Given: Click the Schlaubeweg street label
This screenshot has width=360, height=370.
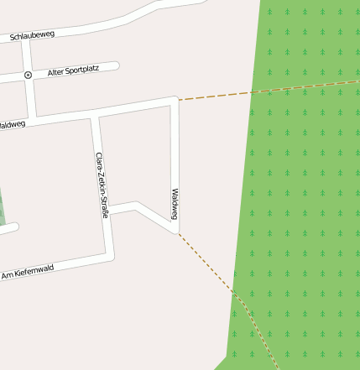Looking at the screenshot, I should [x=32, y=36].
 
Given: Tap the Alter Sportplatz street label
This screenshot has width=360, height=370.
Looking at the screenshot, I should [x=73, y=72].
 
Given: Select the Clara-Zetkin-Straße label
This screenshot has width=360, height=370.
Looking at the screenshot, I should [x=102, y=185].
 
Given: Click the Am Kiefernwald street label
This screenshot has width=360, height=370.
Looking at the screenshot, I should [x=28, y=273].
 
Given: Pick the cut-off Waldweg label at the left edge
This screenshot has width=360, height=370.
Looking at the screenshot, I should [x=12, y=125].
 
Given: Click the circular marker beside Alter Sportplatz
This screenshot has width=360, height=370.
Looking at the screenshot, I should [x=28, y=75].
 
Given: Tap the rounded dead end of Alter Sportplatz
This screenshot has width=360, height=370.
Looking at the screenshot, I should [x=116, y=65].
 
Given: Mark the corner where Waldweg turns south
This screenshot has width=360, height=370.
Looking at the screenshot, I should [x=175, y=101].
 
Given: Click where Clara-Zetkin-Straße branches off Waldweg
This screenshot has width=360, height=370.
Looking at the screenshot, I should [x=95, y=114].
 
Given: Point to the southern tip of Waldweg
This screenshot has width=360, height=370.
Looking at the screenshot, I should [x=176, y=231].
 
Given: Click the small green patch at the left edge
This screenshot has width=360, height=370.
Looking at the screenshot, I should [x=2, y=210].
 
